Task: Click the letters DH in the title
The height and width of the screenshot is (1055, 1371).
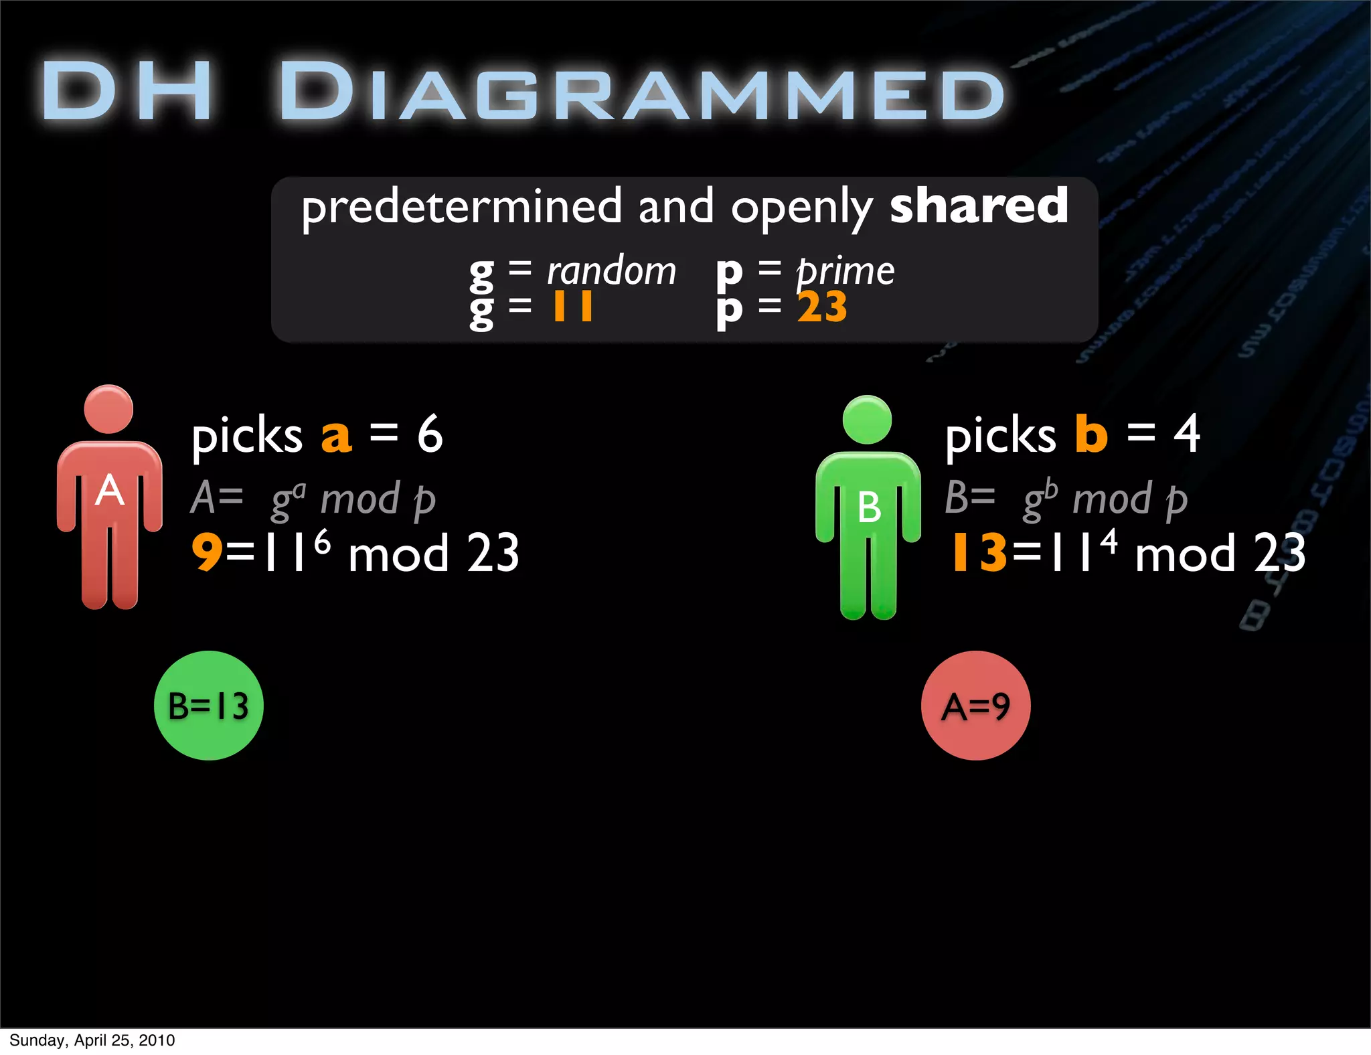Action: coord(127,92)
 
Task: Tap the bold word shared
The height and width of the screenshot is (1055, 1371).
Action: coord(979,206)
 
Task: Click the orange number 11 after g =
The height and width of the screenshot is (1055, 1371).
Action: coord(572,307)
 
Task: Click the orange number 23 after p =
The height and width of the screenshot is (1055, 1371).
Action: coord(822,307)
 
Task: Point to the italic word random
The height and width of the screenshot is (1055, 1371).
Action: coord(611,271)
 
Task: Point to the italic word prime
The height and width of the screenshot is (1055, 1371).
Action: coord(845,272)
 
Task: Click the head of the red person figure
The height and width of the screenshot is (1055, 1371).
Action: coord(108,409)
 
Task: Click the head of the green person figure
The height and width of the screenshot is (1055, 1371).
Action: coord(868,420)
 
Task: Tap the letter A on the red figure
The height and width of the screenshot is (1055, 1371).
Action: coord(110,491)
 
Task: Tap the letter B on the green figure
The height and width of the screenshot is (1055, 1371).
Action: coord(869,507)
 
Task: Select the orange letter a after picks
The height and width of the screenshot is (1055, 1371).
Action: coord(336,436)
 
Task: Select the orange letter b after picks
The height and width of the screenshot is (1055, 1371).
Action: coord(1091,434)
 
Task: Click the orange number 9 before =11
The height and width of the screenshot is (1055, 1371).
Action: coord(207,553)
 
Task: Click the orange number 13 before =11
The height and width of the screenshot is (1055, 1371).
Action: coord(979,553)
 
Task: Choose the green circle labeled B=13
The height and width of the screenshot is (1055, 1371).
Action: coord(209,706)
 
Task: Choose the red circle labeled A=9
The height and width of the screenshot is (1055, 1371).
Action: coord(975,706)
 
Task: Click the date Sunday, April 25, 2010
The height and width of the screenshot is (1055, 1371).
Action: coord(92,1040)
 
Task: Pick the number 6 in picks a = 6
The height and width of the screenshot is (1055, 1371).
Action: coord(430,434)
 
